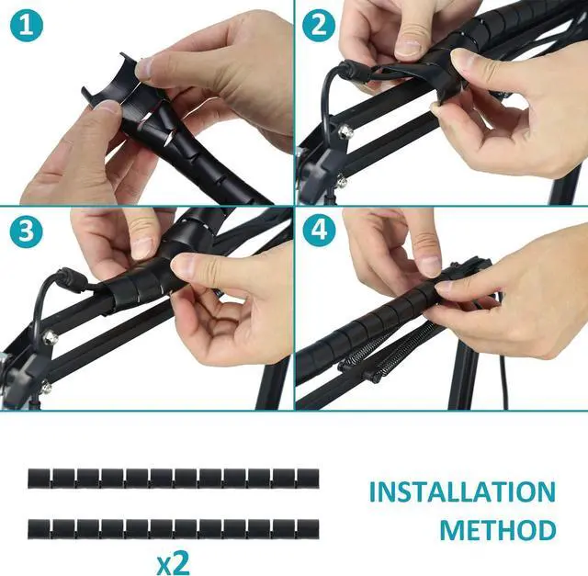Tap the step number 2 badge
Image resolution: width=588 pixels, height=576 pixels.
318,26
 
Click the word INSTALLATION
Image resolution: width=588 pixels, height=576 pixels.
461,492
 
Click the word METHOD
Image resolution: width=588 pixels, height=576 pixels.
496,531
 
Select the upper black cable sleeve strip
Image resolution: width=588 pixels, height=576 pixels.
173,478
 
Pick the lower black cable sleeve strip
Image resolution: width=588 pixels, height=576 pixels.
173,530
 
